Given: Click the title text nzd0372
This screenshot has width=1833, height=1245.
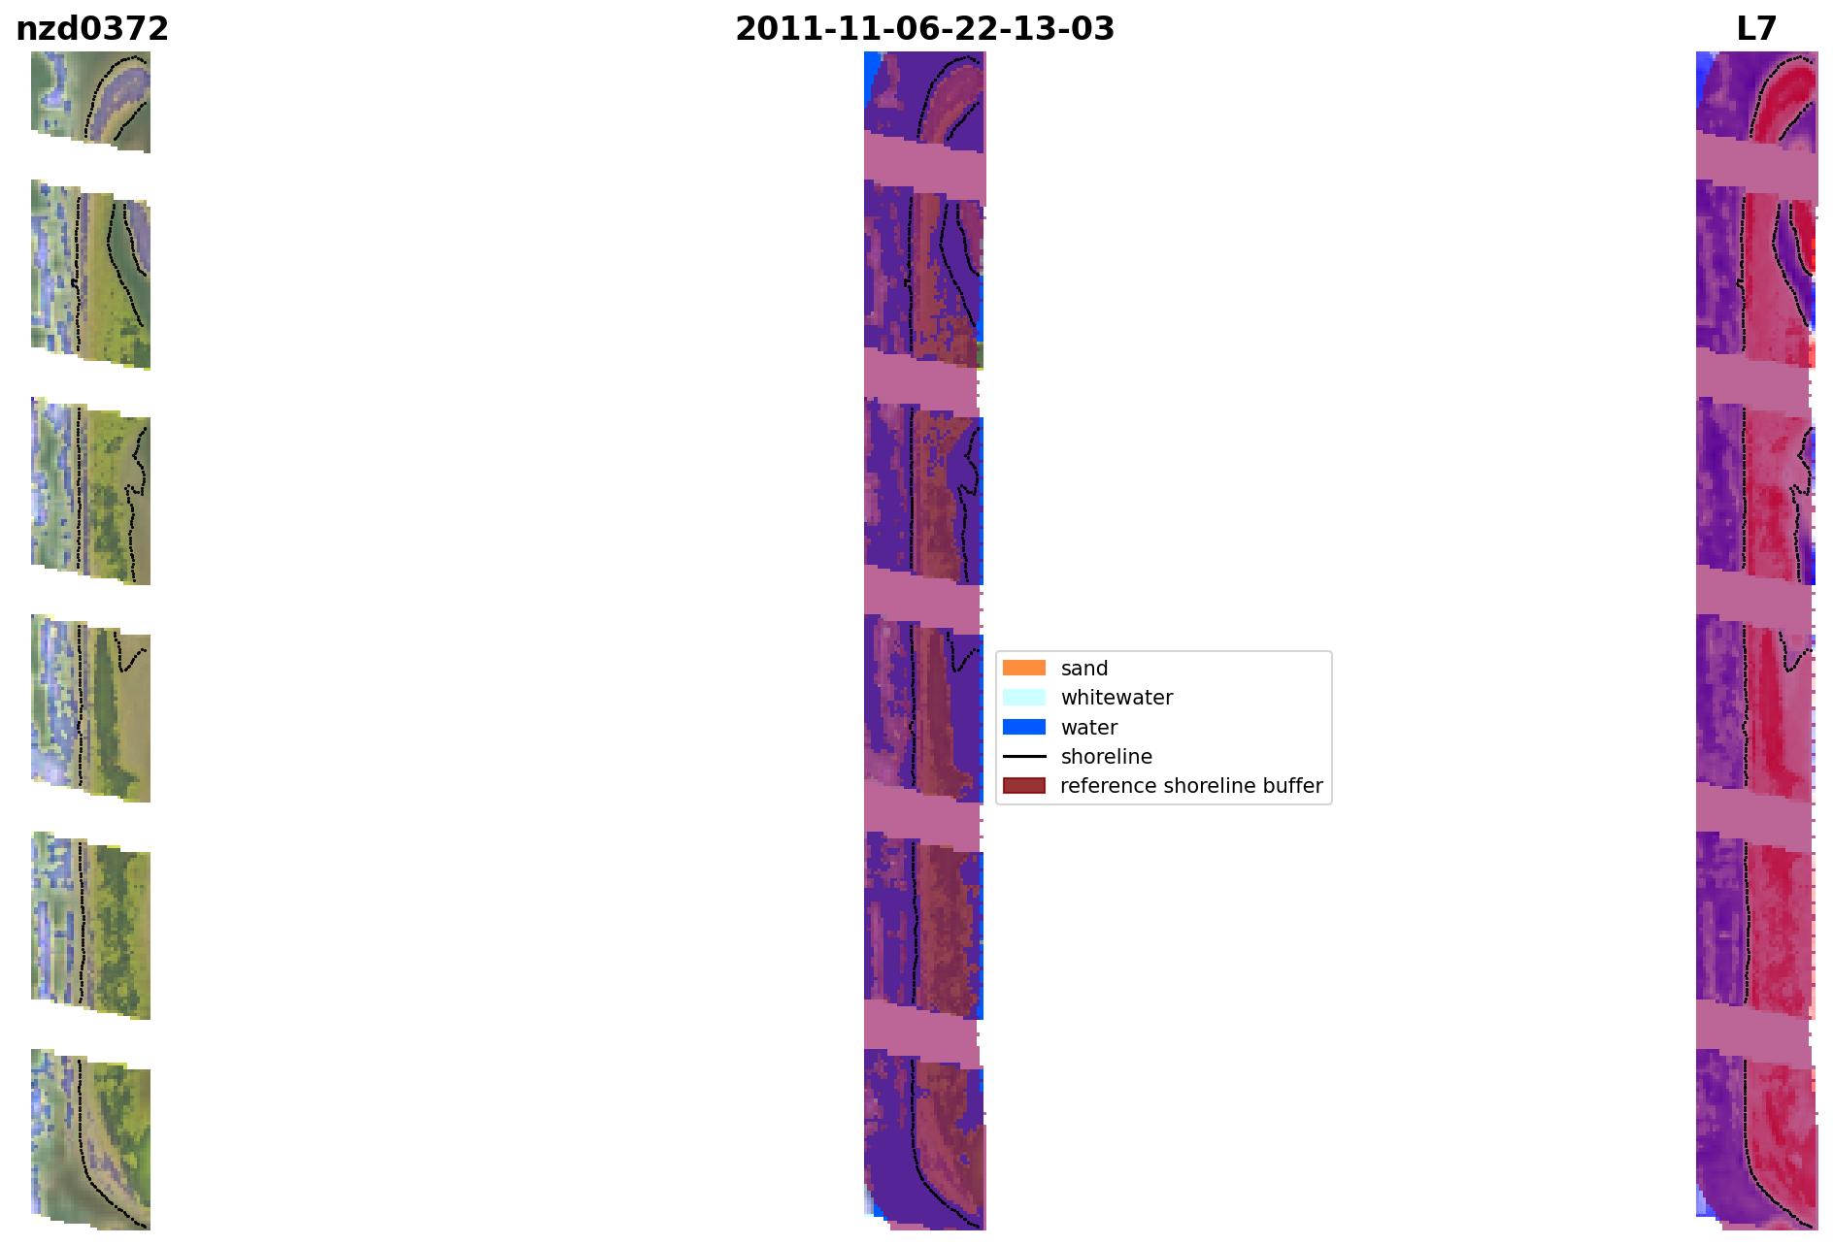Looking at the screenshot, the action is (x=92, y=29).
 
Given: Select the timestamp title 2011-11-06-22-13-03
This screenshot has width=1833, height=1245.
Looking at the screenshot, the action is (x=924, y=29).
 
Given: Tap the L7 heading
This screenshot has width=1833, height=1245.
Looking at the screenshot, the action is (x=1756, y=29).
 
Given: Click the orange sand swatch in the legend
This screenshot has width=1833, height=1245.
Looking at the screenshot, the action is (x=1024, y=668).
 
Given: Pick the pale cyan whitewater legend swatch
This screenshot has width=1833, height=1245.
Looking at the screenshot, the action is (x=1024, y=698).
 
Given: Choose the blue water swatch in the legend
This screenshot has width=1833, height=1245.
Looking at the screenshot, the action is (x=1024, y=727).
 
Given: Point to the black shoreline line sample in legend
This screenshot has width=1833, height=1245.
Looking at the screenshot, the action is (x=1024, y=756).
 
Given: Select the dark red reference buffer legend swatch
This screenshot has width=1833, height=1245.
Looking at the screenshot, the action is (x=1024, y=785).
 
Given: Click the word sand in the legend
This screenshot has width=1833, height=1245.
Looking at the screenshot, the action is (x=1084, y=669).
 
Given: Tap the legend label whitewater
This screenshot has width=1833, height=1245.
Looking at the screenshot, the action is (x=1116, y=698).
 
